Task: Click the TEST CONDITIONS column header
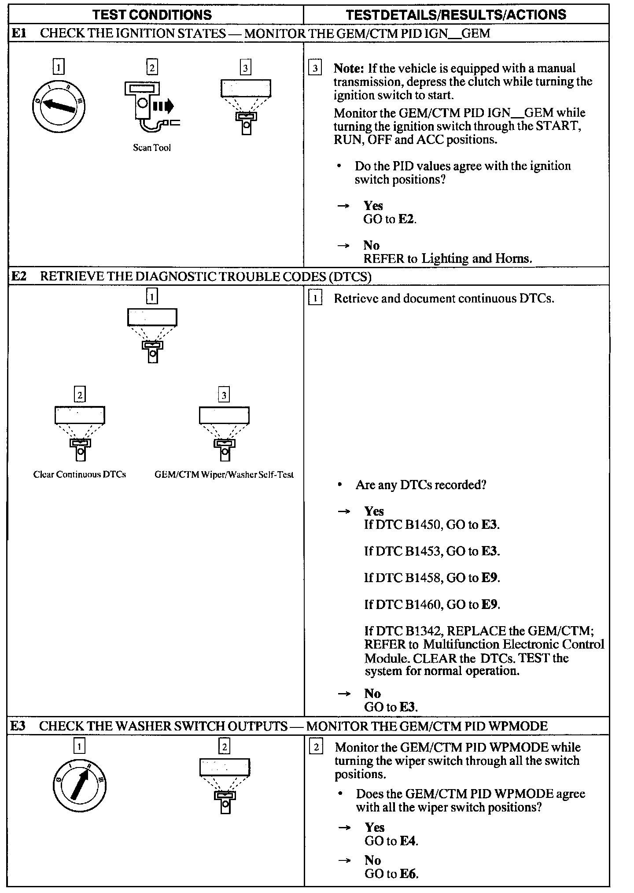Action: [x=152, y=15]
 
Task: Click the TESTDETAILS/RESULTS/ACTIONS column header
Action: [x=456, y=15]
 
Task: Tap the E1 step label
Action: [x=19, y=33]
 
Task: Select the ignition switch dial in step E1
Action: [x=59, y=107]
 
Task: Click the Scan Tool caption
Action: [x=152, y=148]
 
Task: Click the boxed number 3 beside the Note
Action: [x=315, y=68]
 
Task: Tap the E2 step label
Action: [x=19, y=276]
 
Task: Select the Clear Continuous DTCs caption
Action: [x=80, y=474]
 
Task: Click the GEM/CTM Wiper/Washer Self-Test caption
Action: [x=224, y=474]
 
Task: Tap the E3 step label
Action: [x=18, y=726]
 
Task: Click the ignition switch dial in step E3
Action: [x=79, y=786]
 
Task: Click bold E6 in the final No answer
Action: [x=408, y=874]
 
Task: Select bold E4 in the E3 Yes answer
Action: [x=408, y=841]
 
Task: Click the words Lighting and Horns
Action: [x=476, y=258]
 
